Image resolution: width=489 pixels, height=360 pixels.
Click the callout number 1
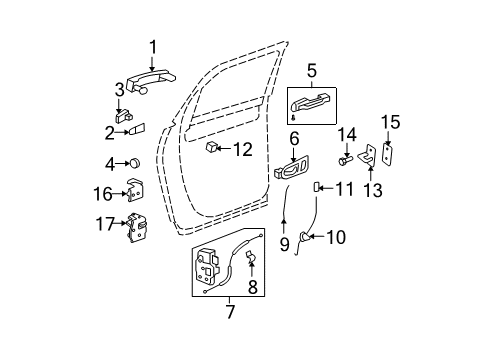[153, 46]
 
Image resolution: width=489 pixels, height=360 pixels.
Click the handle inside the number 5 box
[309, 101]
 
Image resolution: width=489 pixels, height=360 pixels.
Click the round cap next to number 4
[134, 163]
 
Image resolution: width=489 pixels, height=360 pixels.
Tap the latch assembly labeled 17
[134, 229]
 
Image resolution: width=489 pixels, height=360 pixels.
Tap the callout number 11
[343, 187]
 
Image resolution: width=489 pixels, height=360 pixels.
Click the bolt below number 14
[345, 158]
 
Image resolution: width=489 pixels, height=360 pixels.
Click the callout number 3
[119, 91]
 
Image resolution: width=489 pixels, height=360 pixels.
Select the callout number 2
[110, 130]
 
